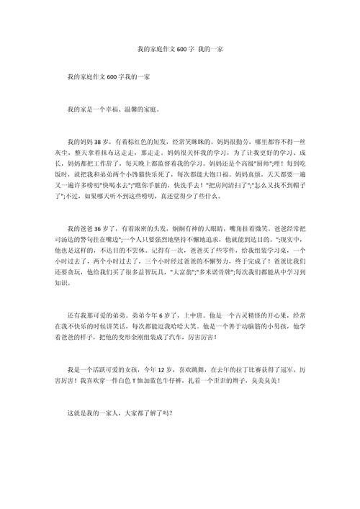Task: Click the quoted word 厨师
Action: click(263, 163)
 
